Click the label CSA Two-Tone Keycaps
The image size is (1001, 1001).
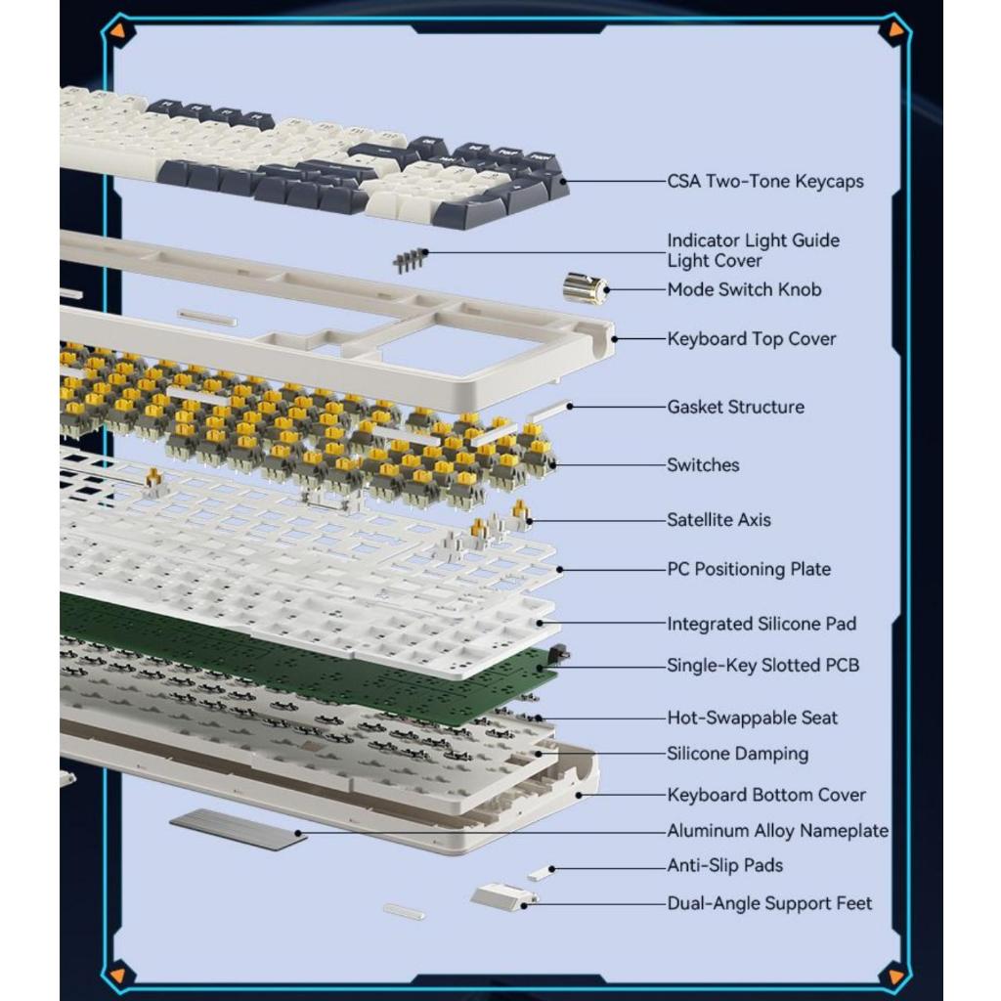coord(764,181)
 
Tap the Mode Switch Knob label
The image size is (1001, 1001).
coord(744,289)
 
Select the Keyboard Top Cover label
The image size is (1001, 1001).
coord(752,339)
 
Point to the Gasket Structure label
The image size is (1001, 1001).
coord(735,407)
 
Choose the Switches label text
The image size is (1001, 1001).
coord(703,464)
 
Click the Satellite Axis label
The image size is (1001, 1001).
coord(718,520)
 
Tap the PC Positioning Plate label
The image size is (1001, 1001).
coord(749,569)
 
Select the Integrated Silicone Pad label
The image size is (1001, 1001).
coord(762,624)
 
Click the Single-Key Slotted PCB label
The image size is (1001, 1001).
coord(762,665)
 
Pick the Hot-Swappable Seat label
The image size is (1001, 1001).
coord(752,718)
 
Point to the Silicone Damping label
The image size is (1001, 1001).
coord(737,754)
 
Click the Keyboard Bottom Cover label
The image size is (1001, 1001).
coord(766,795)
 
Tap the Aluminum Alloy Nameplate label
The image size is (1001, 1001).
coord(777,831)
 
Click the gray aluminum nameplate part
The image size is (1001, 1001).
coord(239,829)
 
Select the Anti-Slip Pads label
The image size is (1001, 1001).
coord(724,866)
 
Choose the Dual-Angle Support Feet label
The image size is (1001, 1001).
coord(769,903)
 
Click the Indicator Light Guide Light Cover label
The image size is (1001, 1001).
coord(754,250)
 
